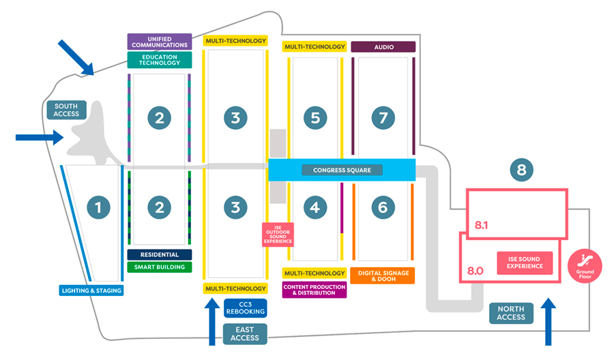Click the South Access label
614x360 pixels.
[66, 110]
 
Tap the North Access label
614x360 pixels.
[511, 313]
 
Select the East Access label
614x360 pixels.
[245, 334]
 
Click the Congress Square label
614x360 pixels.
[342, 170]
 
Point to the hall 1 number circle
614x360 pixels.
[98, 207]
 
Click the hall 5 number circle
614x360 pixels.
[315, 117]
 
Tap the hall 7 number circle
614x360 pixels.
[383, 117]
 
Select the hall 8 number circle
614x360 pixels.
[522, 170]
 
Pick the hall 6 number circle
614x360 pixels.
[383, 207]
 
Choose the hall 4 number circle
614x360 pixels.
[315, 207]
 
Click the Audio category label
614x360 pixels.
[383, 47]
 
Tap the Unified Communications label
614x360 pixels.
[160, 42]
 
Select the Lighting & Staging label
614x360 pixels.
[91, 290]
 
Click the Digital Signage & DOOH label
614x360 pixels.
[383, 276]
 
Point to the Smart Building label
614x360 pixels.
[160, 267]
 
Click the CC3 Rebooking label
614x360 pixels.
[246, 308]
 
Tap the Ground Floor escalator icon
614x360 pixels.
[585, 266]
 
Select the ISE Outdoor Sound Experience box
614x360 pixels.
[278, 235]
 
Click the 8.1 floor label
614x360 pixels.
[481, 225]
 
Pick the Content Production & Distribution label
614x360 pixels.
[315, 290]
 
